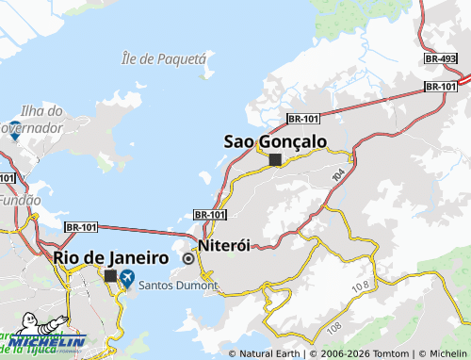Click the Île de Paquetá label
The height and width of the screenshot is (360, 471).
163,58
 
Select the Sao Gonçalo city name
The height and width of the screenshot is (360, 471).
275,141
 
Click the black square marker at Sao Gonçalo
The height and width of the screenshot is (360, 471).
275,160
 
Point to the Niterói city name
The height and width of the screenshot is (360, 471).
224,244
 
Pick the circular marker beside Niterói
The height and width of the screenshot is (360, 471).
188,258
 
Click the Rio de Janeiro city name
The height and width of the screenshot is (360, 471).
111,257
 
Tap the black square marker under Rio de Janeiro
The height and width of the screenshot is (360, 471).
110,276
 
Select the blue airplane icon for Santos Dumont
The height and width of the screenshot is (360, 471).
127,278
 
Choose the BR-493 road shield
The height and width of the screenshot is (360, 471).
441,58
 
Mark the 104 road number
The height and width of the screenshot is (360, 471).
339,175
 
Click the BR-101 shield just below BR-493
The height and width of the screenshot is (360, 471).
441,87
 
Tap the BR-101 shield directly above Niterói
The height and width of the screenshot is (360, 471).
209,215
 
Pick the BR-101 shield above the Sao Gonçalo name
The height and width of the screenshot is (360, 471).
302,118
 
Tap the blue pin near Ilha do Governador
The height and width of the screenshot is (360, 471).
15,134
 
